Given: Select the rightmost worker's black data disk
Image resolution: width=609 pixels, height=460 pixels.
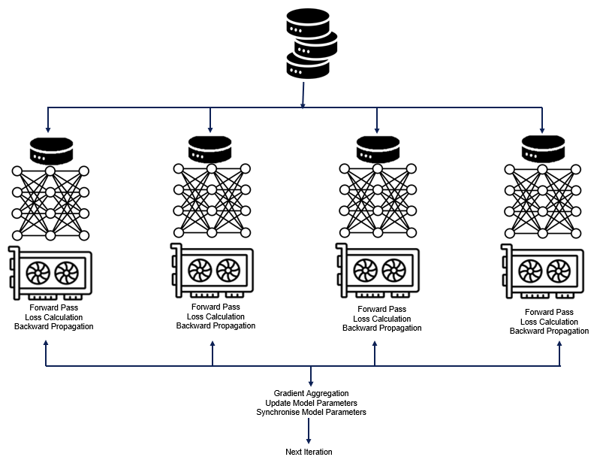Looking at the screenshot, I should (x=544, y=148).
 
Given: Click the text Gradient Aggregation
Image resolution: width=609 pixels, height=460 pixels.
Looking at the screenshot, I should (x=311, y=393).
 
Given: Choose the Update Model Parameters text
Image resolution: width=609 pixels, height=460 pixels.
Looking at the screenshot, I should (x=311, y=403).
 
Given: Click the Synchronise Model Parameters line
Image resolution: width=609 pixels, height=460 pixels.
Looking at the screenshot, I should (x=311, y=412).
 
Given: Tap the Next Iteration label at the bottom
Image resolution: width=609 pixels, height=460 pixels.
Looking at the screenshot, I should (x=309, y=452).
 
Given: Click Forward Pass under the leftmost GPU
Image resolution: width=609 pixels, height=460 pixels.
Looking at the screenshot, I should (x=53, y=307).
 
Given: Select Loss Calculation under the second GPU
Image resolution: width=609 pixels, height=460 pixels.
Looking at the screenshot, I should (x=216, y=316).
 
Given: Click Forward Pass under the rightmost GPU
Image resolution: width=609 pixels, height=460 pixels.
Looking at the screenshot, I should (x=549, y=312).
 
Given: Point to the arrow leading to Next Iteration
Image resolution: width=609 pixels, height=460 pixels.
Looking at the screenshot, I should (x=309, y=431).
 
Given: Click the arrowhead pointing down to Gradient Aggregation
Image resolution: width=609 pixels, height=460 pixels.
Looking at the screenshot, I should (x=311, y=383).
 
